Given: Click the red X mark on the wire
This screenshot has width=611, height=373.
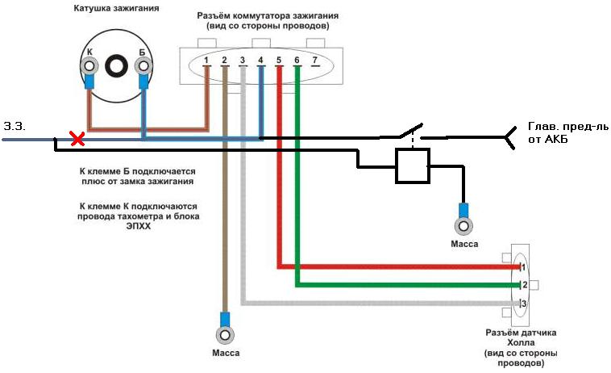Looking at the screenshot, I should tap(77, 140).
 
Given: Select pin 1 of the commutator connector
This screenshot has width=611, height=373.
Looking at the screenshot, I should tap(207, 61).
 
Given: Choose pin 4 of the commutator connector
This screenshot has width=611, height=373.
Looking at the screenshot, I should tap(260, 61).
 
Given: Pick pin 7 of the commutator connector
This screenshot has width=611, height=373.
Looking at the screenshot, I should tap(314, 61).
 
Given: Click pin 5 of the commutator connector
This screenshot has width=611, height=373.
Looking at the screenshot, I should tap(278, 61).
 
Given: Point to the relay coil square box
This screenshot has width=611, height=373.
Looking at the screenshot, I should tap(412, 166).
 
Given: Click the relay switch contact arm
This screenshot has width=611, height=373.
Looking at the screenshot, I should tap(411, 130).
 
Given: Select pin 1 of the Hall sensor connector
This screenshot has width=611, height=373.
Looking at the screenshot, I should tap(522, 266).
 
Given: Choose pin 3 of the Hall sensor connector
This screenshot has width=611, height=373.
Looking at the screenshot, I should tap(522, 304).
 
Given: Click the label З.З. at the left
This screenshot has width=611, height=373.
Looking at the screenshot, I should tap(15, 127).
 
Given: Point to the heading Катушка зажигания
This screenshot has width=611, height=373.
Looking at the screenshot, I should tap(118, 9).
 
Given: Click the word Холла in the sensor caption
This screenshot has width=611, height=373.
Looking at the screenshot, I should tap(520, 343).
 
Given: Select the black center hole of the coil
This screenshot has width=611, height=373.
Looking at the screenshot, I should tap(117, 67).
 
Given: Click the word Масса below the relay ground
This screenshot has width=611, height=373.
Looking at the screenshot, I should tap(463, 244).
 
